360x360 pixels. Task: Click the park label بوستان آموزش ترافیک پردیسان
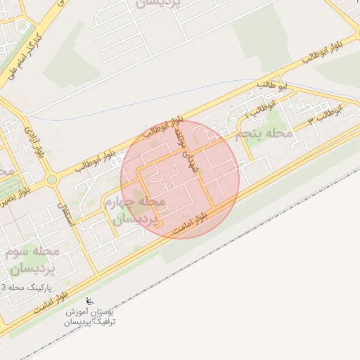pyautogui.click(x=91, y=316)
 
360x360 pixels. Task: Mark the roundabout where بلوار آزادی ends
pyautogui.click(x=51, y=179)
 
